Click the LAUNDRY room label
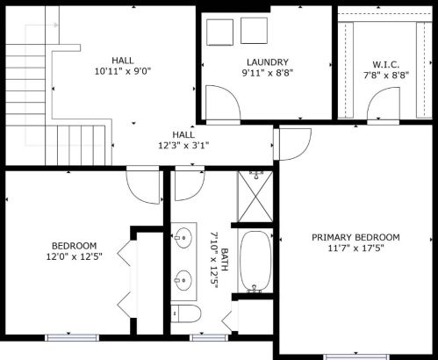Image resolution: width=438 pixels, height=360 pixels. click(268, 62)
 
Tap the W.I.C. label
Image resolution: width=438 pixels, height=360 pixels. click(385, 64)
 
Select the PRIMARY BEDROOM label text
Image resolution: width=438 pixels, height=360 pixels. click(355, 237)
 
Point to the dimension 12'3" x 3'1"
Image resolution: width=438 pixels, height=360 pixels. click(183, 145)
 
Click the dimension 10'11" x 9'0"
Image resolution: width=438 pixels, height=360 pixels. click(123, 71)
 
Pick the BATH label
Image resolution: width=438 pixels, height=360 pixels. click(225, 259)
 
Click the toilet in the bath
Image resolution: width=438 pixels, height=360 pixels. click(186, 313)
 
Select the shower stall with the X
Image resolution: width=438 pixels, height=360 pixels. click(255, 197)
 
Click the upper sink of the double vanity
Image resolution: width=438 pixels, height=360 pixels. click(183, 238)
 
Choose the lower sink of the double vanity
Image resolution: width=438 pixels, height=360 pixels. click(183, 280)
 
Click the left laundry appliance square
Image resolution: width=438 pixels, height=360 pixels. click(219, 32)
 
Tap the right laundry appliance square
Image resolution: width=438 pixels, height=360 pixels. click(254, 31)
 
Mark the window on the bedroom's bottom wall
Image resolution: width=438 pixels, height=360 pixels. click(72, 338)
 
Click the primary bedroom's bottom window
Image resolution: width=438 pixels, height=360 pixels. click(356, 357)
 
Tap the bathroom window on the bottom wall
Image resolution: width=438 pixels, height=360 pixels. click(209, 338)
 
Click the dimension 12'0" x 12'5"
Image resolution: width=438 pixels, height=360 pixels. click(75, 256)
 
